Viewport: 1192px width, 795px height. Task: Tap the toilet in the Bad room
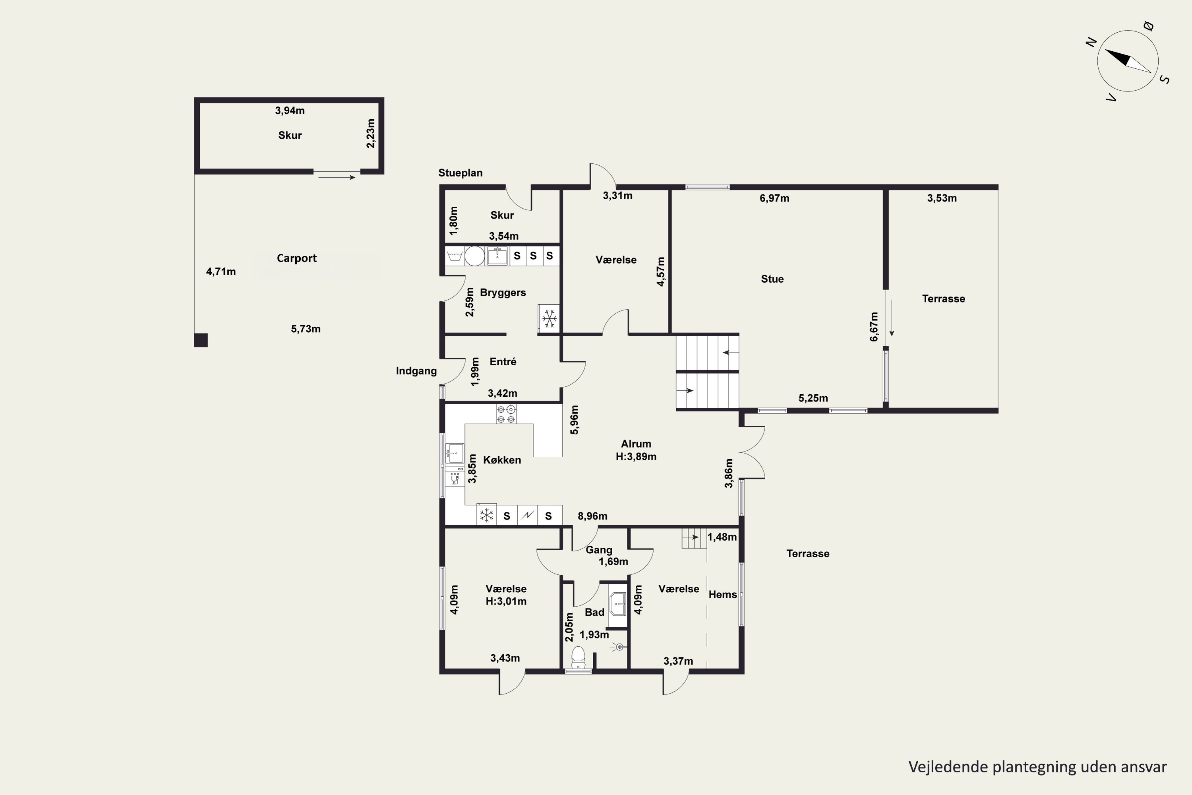(578, 657)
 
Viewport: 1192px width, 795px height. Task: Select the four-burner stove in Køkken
(506, 414)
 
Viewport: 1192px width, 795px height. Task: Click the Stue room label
(772, 279)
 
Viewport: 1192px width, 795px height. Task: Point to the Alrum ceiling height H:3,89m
(636, 456)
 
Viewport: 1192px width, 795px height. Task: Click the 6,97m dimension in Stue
(774, 198)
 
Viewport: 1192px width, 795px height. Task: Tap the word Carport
(296, 258)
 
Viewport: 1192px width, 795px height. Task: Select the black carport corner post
(201, 340)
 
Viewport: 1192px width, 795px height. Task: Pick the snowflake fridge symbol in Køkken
(486, 516)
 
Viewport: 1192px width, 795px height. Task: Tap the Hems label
(723, 594)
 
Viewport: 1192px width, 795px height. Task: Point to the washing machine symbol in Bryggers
(455, 256)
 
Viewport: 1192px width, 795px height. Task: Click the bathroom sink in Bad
(618, 604)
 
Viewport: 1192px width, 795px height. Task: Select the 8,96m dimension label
(592, 516)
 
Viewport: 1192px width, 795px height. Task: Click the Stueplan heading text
(460, 173)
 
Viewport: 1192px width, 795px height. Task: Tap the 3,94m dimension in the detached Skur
(290, 111)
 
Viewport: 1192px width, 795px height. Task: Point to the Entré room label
(503, 361)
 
